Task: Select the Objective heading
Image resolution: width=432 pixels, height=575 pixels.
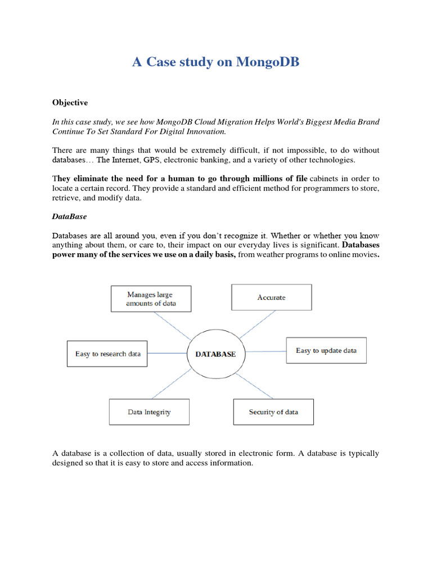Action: point(70,103)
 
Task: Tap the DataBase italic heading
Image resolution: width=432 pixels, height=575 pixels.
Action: point(69,216)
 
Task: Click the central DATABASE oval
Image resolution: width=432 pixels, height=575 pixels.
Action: point(215,354)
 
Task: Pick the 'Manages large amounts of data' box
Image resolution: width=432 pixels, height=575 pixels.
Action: point(151,299)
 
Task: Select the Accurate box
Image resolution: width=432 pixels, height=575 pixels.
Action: point(271,297)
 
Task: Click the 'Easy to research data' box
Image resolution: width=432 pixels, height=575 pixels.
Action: point(107,354)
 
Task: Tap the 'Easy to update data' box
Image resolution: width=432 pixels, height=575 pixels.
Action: point(326,350)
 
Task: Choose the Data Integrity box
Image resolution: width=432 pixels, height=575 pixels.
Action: point(149,412)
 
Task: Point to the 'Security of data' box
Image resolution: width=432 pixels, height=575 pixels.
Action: point(273,412)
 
